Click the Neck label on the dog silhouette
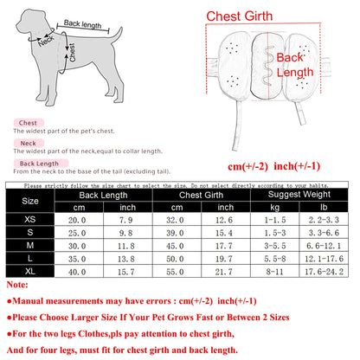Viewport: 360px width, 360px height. point(45,39)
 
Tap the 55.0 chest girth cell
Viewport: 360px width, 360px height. point(177,272)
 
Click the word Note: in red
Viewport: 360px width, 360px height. point(17,284)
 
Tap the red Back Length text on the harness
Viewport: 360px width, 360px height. point(291,66)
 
